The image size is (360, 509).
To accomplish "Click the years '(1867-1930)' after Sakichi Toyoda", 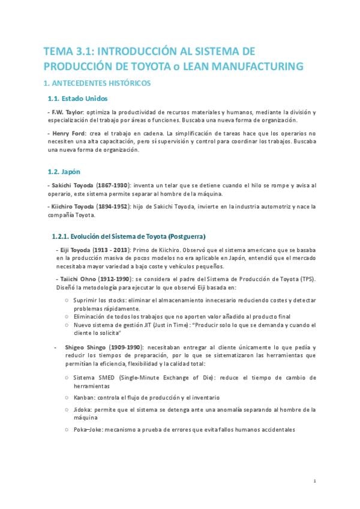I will click(x=112, y=186).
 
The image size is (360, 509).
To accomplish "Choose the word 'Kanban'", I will click(x=82, y=397).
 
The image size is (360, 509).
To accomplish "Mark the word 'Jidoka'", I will click(x=82, y=409).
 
